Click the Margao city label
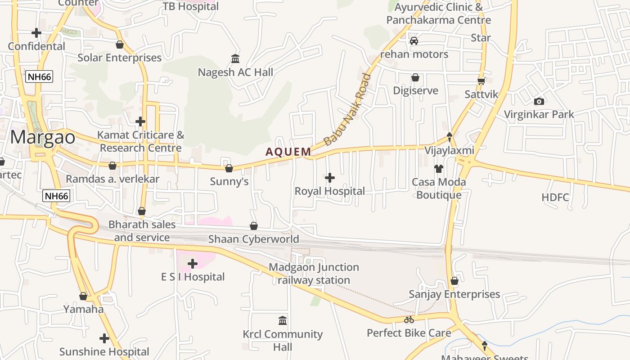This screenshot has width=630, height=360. coord(43,137)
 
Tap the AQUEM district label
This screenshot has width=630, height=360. coord(288,152)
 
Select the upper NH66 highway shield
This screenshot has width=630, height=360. coord(40,77)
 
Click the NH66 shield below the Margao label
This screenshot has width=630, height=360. coord(57,196)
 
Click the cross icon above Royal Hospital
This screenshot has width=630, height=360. coord(330,178)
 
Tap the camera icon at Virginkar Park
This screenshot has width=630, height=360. coord(539,101)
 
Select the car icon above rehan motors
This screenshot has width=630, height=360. coord(414,41)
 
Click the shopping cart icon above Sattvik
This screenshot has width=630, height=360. coord(481,81)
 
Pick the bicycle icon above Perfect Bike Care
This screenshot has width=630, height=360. coord(409,320)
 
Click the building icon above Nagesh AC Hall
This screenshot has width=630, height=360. coord(235,59)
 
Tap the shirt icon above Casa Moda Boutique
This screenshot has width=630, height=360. coord(439,169)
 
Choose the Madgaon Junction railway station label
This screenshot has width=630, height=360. coord(314,274)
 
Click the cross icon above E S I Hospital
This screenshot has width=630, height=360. coord(193,263)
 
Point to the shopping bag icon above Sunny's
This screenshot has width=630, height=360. coord(229,168)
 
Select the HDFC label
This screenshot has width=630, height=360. coord(555,197)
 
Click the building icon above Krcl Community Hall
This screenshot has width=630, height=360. coord(283,321)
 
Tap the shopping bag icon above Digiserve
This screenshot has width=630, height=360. coord(415,77)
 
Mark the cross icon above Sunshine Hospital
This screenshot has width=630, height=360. coord(104,338)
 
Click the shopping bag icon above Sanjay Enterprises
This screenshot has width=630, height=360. coord(454,281)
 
